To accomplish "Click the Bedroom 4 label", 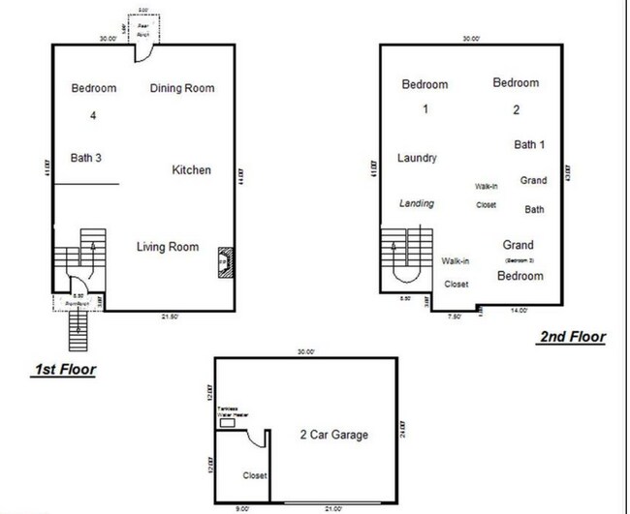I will click(94, 101).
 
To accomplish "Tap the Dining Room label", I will click(182, 89).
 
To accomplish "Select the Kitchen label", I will click(191, 170).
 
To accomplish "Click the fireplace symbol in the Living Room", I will click(222, 261).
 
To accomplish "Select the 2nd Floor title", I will click(572, 337).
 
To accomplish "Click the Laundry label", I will click(418, 158).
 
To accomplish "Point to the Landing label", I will click(417, 203).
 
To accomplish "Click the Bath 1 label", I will click(529, 145).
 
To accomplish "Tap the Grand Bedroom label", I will click(518, 260).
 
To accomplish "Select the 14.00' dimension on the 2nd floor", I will click(520, 312).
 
